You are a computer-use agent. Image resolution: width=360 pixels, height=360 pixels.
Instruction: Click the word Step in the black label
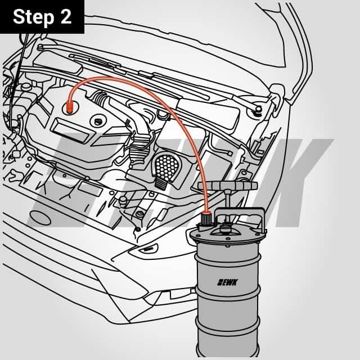point(34,17)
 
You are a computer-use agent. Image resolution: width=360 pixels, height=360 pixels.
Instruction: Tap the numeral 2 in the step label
point(66,16)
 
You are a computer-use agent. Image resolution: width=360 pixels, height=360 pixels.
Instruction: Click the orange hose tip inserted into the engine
point(69,108)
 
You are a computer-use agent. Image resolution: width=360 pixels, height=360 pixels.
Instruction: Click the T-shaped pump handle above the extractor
point(227,185)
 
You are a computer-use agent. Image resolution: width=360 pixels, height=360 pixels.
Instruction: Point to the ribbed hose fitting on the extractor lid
point(206,219)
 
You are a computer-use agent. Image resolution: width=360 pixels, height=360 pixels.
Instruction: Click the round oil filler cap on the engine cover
point(98,121)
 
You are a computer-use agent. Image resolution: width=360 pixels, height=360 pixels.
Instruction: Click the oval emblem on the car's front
point(40,218)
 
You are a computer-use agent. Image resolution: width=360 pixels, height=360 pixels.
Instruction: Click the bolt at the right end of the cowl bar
point(259,109)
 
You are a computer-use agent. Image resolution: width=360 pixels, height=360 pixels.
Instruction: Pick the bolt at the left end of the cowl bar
point(40,47)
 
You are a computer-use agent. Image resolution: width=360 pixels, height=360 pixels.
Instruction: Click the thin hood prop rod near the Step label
point(19,80)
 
